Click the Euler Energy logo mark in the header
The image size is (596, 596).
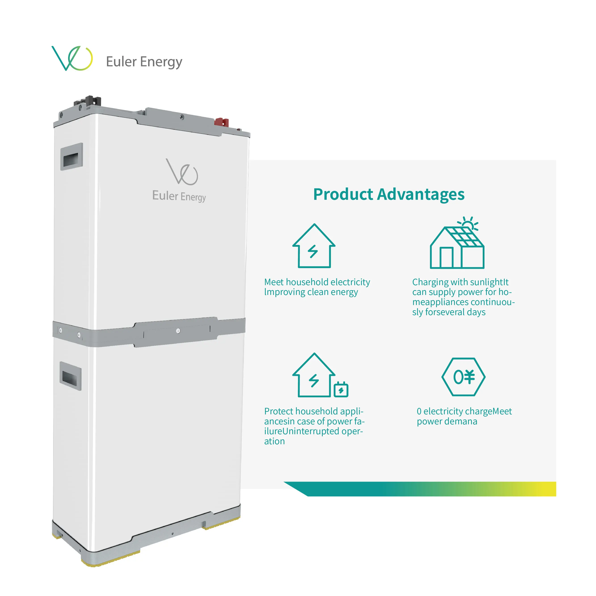(72, 58)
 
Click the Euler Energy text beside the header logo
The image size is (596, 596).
(144, 62)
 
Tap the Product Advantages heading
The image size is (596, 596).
(389, 194)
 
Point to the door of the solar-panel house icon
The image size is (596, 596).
(446, 258)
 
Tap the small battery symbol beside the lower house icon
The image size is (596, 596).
(341, 390)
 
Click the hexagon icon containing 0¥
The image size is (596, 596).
(463, 377)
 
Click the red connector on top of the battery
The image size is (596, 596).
(221, 122)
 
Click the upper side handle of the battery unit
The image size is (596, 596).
(72, 157)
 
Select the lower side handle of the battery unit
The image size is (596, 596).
(71, 376)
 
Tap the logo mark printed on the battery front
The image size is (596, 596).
(182, 172)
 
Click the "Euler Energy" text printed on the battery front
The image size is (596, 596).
(179, 196)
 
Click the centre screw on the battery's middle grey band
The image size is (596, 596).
(178, 331)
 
